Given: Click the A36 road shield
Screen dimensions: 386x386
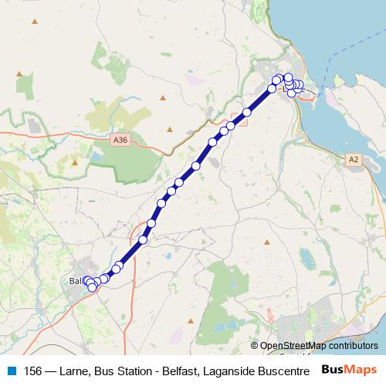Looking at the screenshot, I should [119, 140].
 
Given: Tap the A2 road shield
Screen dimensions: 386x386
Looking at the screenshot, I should [353, 159].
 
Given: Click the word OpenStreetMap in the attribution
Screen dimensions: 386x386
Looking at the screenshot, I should [294, 346].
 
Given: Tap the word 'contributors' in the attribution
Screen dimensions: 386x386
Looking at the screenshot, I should [354, 346].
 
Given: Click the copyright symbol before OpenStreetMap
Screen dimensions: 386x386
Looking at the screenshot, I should [255, 346].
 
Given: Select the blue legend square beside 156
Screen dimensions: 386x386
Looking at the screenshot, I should [11, 370].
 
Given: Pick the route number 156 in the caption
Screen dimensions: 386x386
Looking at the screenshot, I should [33, 370].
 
